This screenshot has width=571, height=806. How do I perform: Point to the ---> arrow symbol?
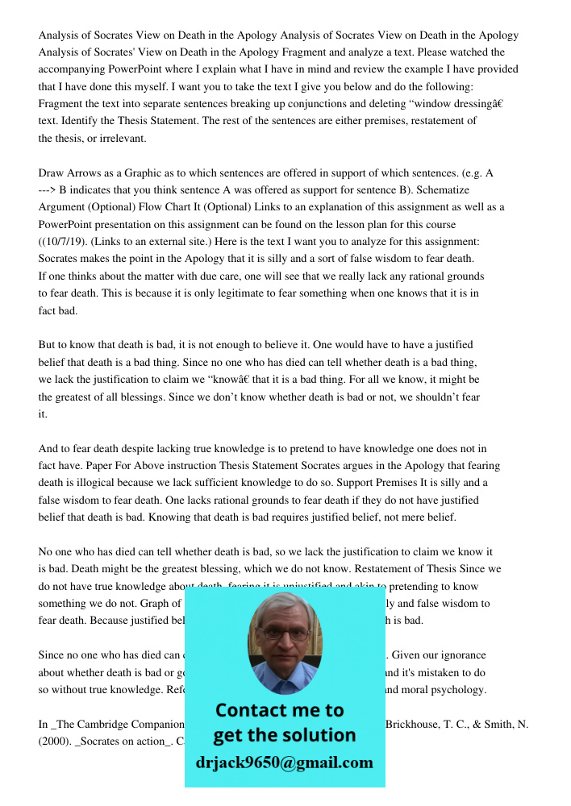tap(48, 190)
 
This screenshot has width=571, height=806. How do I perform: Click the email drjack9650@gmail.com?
tap(285, 762)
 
